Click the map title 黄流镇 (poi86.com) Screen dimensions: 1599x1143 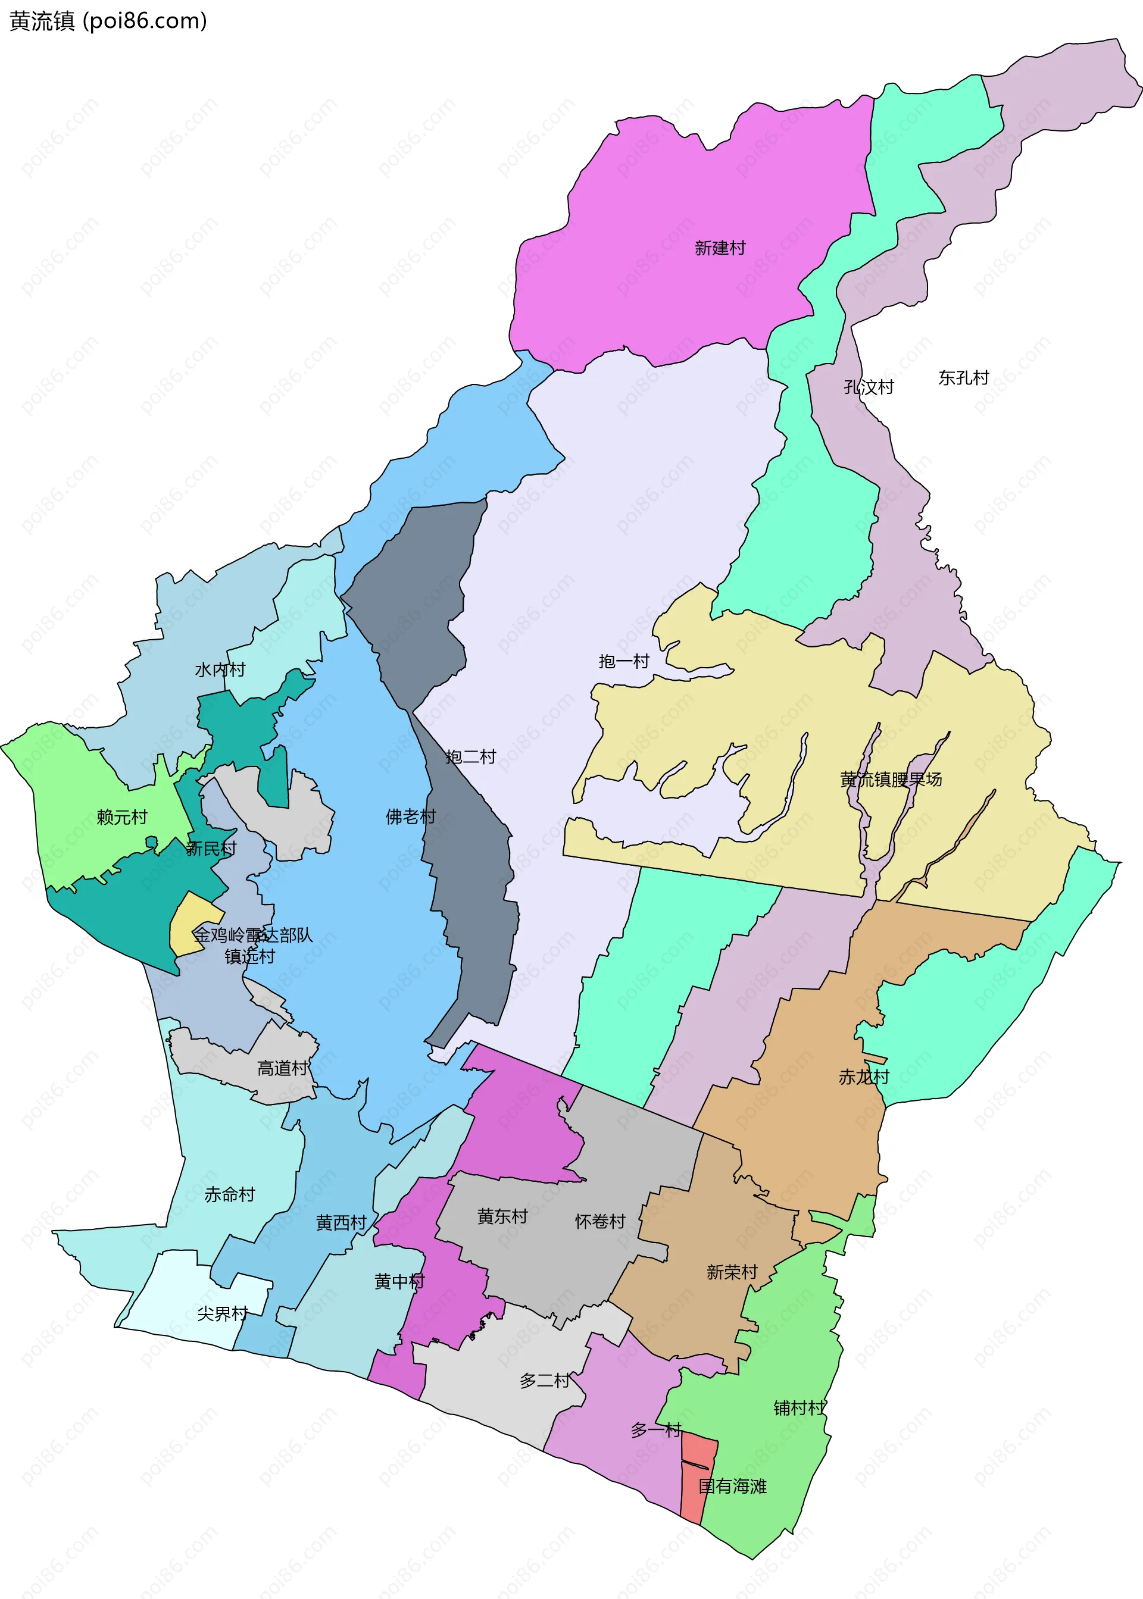pyautogui.click(x=108, y=21)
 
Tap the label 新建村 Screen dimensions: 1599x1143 pyautogui.click(x=719, y=248)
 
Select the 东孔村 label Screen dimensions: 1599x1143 pyautogui.click(x=963, y=378)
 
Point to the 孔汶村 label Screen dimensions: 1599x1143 pyautogui.click(x=868, y=387)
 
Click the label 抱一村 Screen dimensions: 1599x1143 pyautogui.click(x=623, y=661)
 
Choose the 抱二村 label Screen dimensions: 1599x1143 pyautogui.click(x=470, y=757)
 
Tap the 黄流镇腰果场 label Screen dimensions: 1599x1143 pyautogui.click(x=891, y=780)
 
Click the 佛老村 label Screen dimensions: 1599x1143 pyautogui.click(x=410, y=816)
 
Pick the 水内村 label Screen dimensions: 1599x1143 pyautogui.click(x=220, y=669)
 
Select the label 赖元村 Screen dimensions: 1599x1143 pyautogui.click(x=122, y=816)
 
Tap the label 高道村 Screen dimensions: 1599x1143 pyautogui.click(x=282, y=1068)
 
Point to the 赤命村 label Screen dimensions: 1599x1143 pyautogui.click(x=229, y=1194)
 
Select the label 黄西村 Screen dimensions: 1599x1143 pyautogui.click(x=341, y=1222)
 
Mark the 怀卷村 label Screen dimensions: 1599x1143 pyautogui.click(x=599, y=1221)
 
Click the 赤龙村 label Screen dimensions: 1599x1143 pyautogui.click(x=864, y=1077)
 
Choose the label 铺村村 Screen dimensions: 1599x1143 pyautogui.click(x=799, y=1407)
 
